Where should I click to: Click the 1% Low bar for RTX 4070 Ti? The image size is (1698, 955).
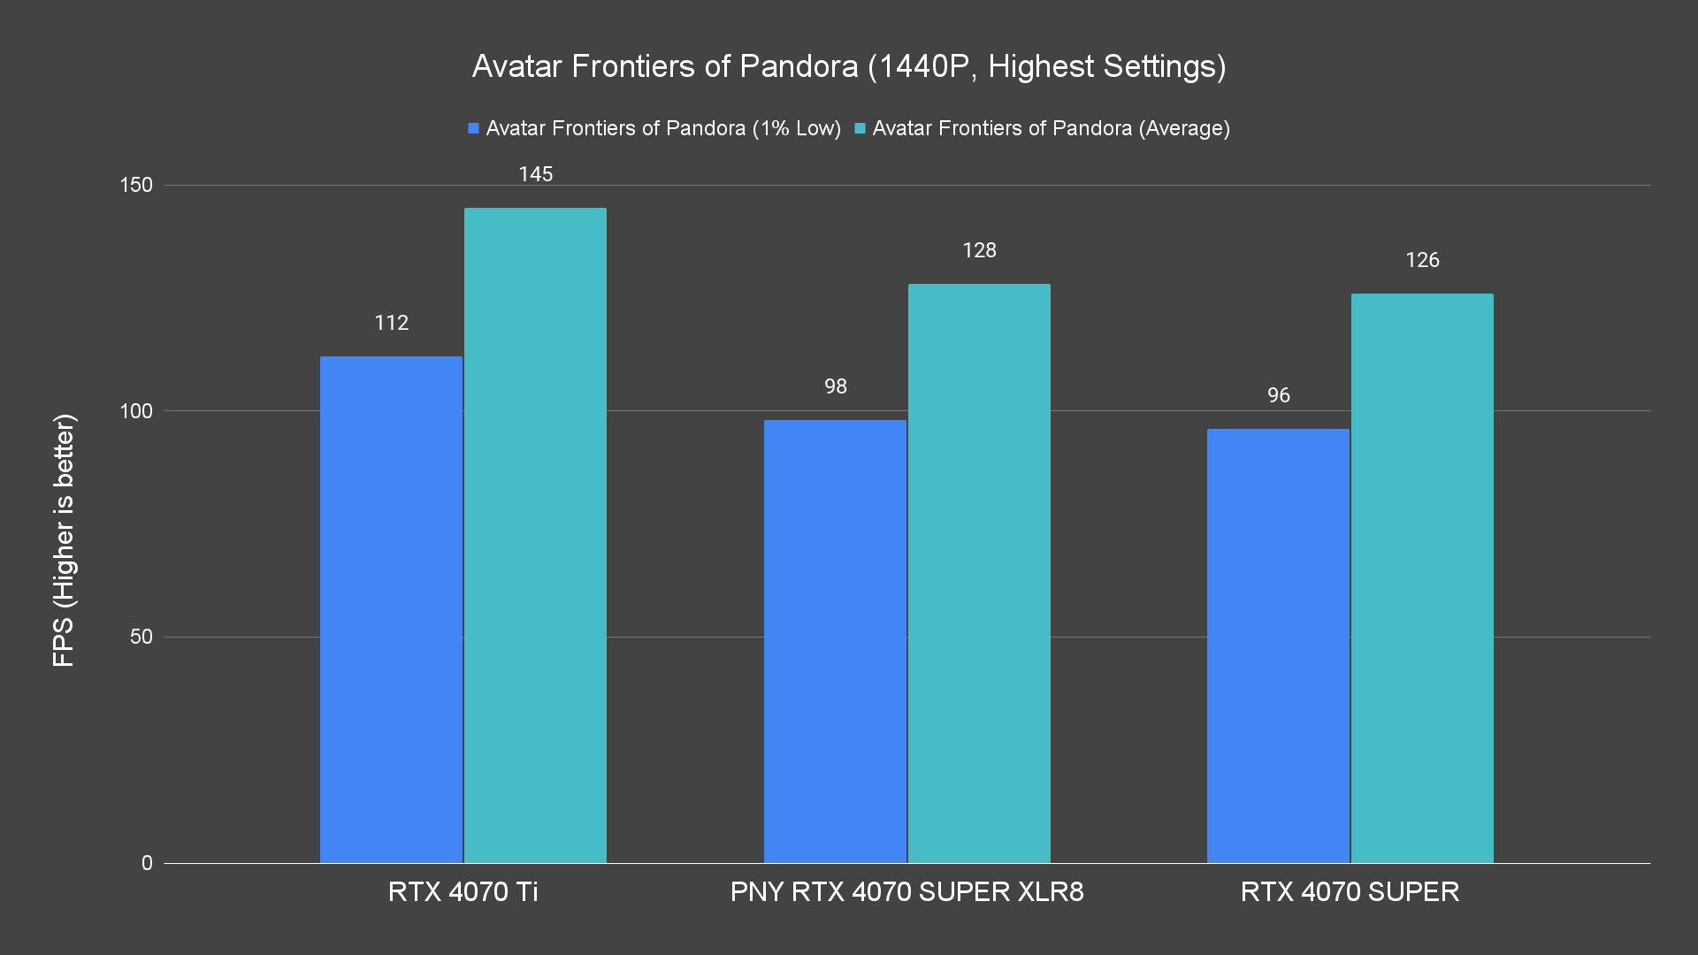click(x=391, y=609)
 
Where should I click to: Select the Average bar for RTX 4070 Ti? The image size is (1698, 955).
click(x=535, y=535)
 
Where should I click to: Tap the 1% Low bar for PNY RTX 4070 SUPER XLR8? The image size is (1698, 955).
click(x=835, y=641)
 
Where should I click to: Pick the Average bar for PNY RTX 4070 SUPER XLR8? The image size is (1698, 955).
click(x=979, y=573)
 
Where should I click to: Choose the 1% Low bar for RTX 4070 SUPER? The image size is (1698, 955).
click(x=1278, y=646)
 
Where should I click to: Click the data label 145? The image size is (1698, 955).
click(x=535, y=174)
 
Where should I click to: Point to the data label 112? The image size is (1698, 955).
click(x=391, y=323)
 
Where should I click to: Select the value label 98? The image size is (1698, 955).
click(x=835, y=386)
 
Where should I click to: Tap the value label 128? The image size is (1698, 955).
click(x=979, y=250)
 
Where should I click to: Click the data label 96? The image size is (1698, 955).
click(x=1278, y=395)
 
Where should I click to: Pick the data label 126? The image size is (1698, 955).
click(x=1422, y=260)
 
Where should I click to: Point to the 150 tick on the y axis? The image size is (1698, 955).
click(x=136, y=185)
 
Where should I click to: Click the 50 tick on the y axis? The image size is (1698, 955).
click(x=141, y=637)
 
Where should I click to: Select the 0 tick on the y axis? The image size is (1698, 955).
click(x=147, y=863)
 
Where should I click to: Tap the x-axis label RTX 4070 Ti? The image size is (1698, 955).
click(x=463, y=891)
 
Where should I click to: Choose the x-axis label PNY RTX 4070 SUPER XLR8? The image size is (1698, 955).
click(x=906, y=891)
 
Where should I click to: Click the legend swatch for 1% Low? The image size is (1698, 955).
click(x=474, y=128)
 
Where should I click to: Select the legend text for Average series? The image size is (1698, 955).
click(x=1051, y=128)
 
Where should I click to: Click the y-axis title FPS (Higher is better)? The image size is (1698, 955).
click(x=64, y=539)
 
